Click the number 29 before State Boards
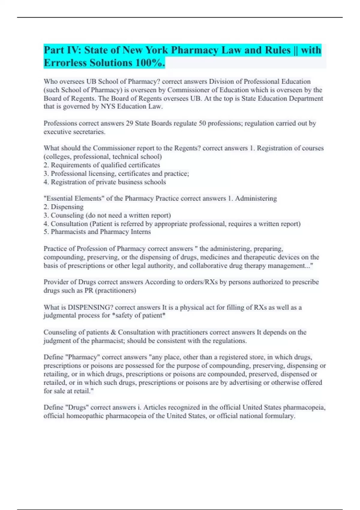[x=130, y=123]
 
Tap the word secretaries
[x=89, y=132]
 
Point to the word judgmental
[x=59, y=316]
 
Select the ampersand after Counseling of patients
[x=113, y=332]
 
